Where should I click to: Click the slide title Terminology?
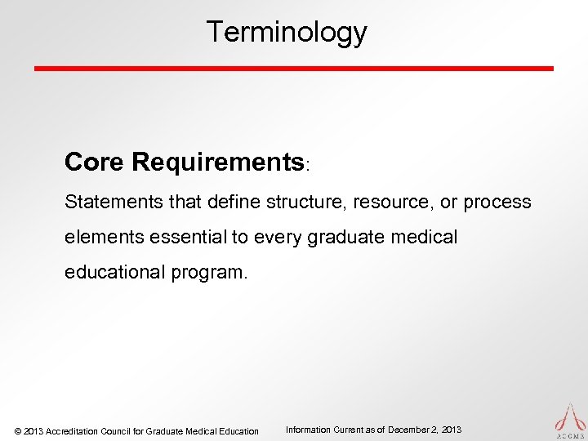(x=287, y=32)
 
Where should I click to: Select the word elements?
(x=101, y=236)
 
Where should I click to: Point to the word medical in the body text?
(x=426, y=236)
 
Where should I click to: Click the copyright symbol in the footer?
(x=18, y=431)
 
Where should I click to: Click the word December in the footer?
(x=412, y=430)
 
